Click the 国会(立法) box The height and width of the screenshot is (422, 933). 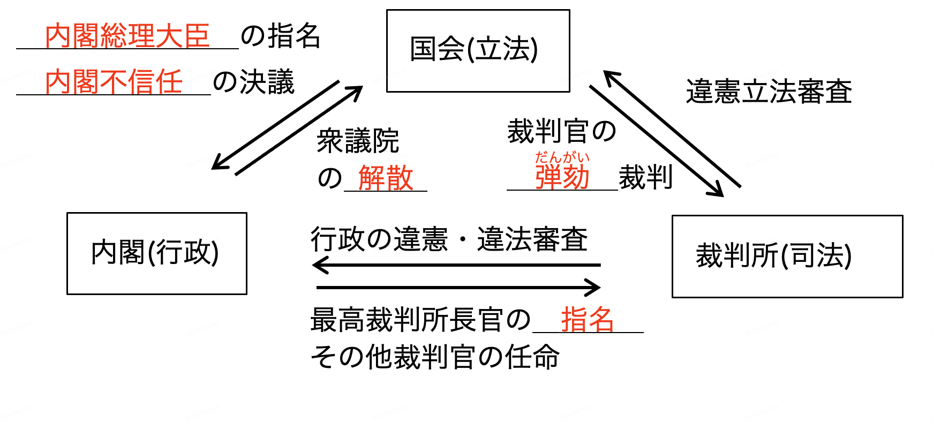478,50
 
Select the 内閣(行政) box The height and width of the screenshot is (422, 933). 156,253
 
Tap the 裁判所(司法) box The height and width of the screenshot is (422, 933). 787,256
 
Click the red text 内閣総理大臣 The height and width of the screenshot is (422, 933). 127,36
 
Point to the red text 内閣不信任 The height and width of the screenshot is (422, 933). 114,82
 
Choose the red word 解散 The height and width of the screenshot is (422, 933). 386,178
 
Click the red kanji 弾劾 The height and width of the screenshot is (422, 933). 562,177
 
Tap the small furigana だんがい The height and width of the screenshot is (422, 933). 562,157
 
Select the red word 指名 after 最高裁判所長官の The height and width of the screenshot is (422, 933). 587,320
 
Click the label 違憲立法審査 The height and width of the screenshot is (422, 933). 769,91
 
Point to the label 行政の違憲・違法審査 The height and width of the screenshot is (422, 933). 449,239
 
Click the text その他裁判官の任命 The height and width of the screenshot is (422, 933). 435,357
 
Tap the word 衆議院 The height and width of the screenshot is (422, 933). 358,141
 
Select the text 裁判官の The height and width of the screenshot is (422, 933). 562,132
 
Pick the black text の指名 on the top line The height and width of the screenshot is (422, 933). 281,36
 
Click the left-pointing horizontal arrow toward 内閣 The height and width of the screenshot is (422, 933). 455,265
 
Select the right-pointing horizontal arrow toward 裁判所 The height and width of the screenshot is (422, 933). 458,288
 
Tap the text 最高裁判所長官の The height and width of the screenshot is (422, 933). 420,320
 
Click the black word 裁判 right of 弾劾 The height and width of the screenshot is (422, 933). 645,177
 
